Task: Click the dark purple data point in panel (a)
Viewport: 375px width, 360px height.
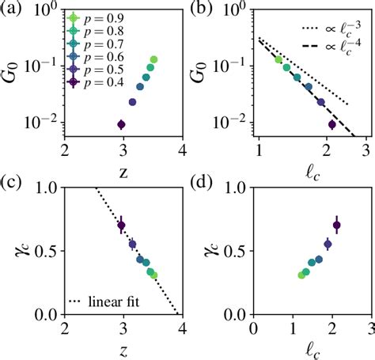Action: point(121,124)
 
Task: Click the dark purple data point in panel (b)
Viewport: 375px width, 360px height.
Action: point(332,124)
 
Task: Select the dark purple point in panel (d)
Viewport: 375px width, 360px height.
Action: point(336,225)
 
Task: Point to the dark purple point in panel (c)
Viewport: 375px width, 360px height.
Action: point(121,225)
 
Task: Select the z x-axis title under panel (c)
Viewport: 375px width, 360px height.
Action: point(123,348)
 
